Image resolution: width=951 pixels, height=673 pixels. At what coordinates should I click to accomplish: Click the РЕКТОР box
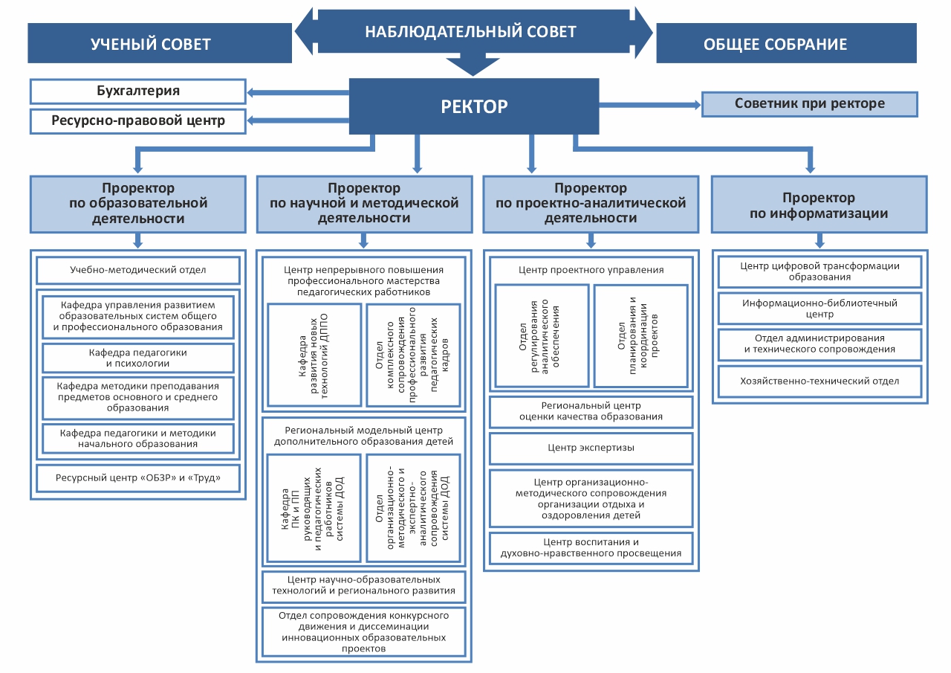[474, 106]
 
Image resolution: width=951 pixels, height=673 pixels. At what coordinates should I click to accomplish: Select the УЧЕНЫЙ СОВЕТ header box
[159, 44]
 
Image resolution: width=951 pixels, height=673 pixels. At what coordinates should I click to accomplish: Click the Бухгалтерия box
[138, 91]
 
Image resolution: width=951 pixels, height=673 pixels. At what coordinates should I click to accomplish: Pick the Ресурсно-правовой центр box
[138, 120]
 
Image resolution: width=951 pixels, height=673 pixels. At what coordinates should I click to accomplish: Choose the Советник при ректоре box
[810, 104]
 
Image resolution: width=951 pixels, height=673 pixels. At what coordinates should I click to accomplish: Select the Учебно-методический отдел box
[138, 270]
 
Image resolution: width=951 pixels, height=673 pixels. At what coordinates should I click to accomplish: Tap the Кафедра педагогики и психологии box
[138, 358]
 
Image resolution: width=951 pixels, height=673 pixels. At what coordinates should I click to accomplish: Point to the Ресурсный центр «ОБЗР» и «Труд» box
[138, 478]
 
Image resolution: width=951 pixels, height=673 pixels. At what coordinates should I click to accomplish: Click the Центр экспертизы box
[591, 448]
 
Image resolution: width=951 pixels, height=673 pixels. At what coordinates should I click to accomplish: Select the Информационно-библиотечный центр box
[820, 309]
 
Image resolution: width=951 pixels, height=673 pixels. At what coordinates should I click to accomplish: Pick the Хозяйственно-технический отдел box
[820, 381]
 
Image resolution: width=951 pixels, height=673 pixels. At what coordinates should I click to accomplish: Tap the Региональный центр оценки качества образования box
[591, 412]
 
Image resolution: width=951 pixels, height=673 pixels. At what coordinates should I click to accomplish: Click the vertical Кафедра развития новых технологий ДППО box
[314, 355]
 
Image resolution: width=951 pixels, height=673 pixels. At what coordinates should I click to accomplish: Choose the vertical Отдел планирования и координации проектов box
[640, 335]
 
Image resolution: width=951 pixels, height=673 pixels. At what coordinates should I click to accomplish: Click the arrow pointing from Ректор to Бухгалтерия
[297, 93]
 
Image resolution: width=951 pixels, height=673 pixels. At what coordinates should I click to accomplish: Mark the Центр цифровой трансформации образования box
[820, 271]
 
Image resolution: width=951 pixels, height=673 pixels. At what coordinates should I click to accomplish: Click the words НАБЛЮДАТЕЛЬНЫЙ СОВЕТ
[470, 32]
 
